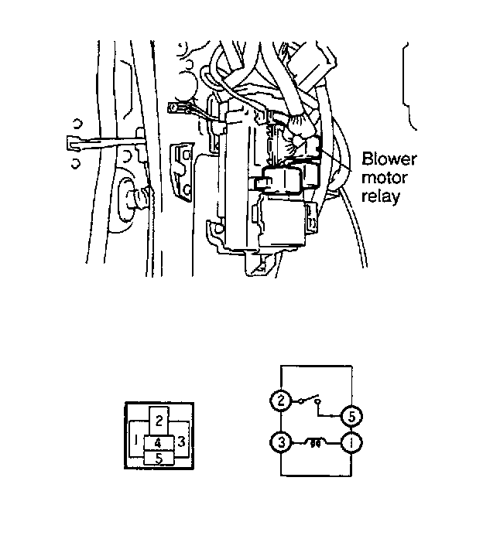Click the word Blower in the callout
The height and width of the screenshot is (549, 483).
pyautogui.click(x=389, y=161)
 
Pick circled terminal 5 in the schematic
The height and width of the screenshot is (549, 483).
pyautogui.click(x=351, y=415)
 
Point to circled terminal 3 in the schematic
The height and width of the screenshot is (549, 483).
pyautogui.click(x=279, y=443)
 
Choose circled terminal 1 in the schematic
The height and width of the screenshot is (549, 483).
pyautogui.click(x=351, y=443)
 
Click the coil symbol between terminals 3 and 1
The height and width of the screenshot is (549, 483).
pyautogui.click(x=316, y=442)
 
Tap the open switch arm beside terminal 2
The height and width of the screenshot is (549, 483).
pyautogui.click(x=307, y=398)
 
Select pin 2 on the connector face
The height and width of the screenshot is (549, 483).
pyautogui.click(x=158, y=420)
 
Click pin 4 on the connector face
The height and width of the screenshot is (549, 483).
pyautogui.click(x=158, y=443)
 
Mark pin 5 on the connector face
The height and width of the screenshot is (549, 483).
pyautogui.click(x=159, y=458)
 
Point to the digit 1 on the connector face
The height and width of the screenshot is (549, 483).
pyautogui.click(x=136, y=441)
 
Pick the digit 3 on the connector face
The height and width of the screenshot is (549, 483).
pyautogui.click(x=180, y=442)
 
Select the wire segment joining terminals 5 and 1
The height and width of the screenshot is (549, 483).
pyautogui.click(x=351, y=429)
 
